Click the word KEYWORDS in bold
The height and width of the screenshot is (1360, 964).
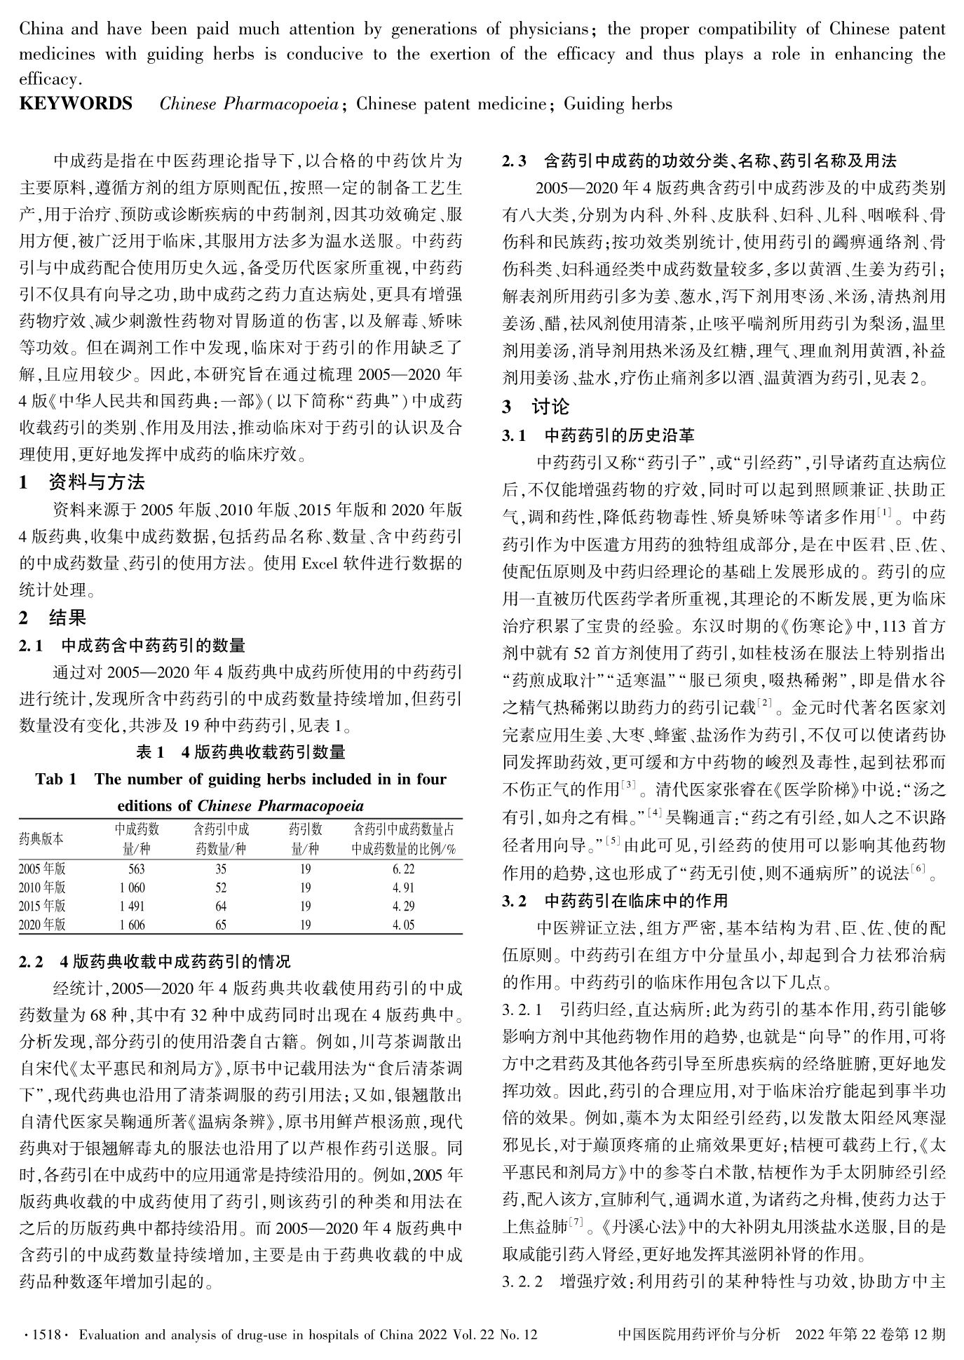coord(76,104)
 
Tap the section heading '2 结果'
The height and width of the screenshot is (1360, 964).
coord(53,618)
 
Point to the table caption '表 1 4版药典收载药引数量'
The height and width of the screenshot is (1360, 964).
coord(240,753)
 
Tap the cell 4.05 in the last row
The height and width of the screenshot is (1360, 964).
coord(404,925)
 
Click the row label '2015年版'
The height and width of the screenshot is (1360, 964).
coord(43,906)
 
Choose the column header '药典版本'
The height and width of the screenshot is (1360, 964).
coord(41,838)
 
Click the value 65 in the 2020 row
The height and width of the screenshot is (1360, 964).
coord(221,925)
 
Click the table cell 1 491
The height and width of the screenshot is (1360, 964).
coord(133,906)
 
